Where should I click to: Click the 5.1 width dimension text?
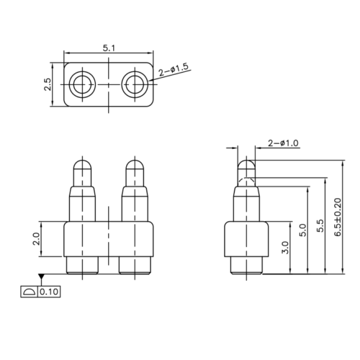point(108,48)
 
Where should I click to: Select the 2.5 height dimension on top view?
point(48,84)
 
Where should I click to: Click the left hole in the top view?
point(81,84)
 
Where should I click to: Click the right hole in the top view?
point(135,84)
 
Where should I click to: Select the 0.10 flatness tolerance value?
point(49,292)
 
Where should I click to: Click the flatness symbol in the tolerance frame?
point(29,292)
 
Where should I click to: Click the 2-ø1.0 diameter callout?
point(283,145)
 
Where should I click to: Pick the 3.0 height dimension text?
point(285,248)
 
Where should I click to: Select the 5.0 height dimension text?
point(303,230)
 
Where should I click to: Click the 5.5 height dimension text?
point(321,225)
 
